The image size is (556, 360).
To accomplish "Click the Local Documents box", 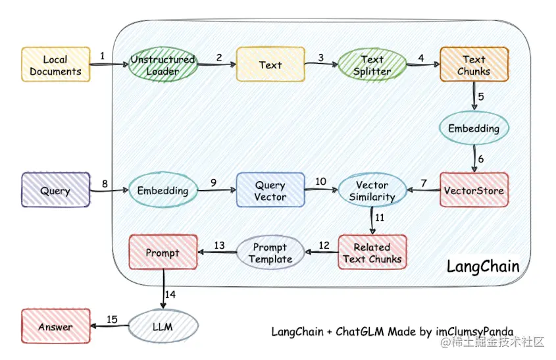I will pos(55,64).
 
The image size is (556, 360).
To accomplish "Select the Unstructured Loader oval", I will pos(163,64).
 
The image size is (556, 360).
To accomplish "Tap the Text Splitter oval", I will pos(372,64).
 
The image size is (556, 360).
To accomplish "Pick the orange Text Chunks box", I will pos(474,64).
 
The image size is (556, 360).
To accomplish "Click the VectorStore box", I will pos(474,190).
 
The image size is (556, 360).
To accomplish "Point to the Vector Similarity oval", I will pos(372,190).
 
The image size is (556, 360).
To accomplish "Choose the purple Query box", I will pos(55,190).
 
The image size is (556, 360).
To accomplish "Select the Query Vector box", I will pos(270,190).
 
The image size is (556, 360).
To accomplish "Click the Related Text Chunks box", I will pos(372,253).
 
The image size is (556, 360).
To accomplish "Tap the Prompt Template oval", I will pos(270,253).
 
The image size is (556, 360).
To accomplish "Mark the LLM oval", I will pos(163,326).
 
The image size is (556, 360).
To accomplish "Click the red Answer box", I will pos(55,326).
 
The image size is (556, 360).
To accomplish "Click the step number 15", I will pos(112,319).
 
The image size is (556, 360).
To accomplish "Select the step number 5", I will pos(481,97).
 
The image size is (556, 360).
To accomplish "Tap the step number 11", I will pos(380,217).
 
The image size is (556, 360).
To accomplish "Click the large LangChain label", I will pos(483,267).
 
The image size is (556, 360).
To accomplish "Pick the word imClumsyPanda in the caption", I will pos(474,331).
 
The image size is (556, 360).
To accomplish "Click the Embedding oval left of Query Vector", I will pos(163,190).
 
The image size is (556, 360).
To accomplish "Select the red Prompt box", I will pos(163,253).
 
